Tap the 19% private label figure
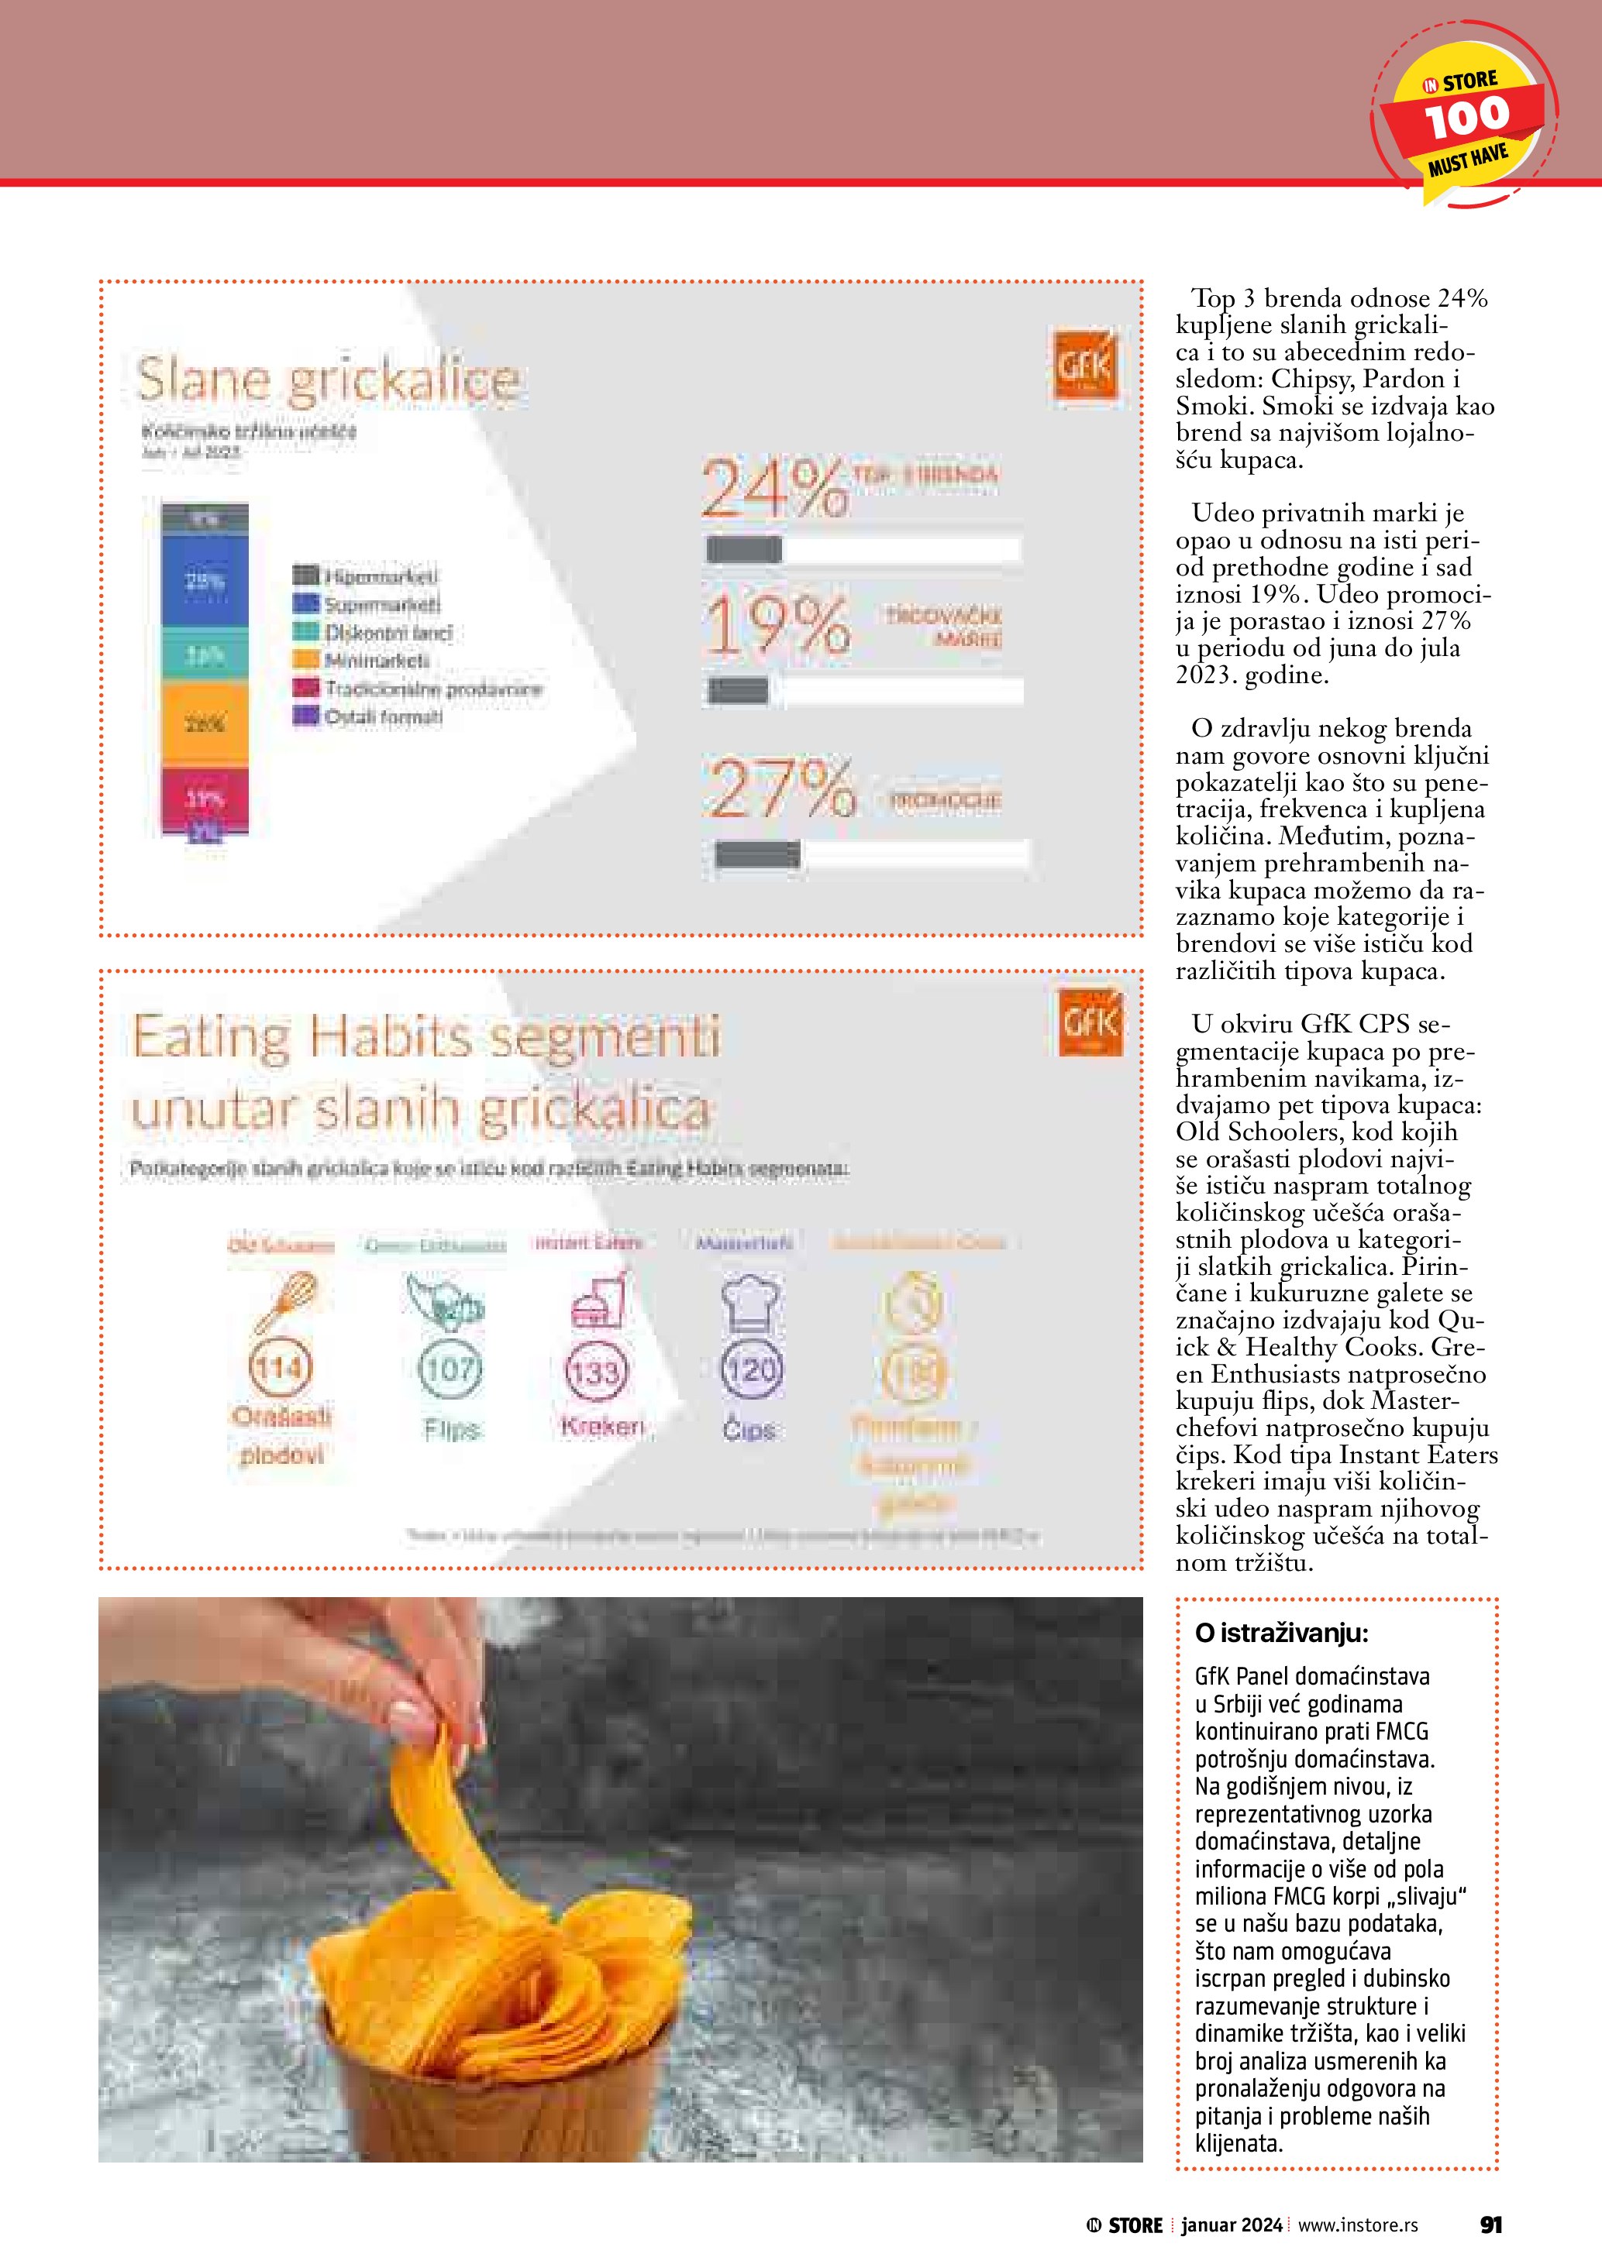point(777,625)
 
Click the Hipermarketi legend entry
point(366,575)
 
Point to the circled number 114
point(280,1368)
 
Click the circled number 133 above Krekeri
point(596,1372)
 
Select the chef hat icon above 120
point(751,1304)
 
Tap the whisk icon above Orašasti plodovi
point(286,1301)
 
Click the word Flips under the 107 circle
point(451,1429)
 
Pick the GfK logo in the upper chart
point(1086,366)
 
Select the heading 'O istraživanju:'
point(1280,1633)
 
